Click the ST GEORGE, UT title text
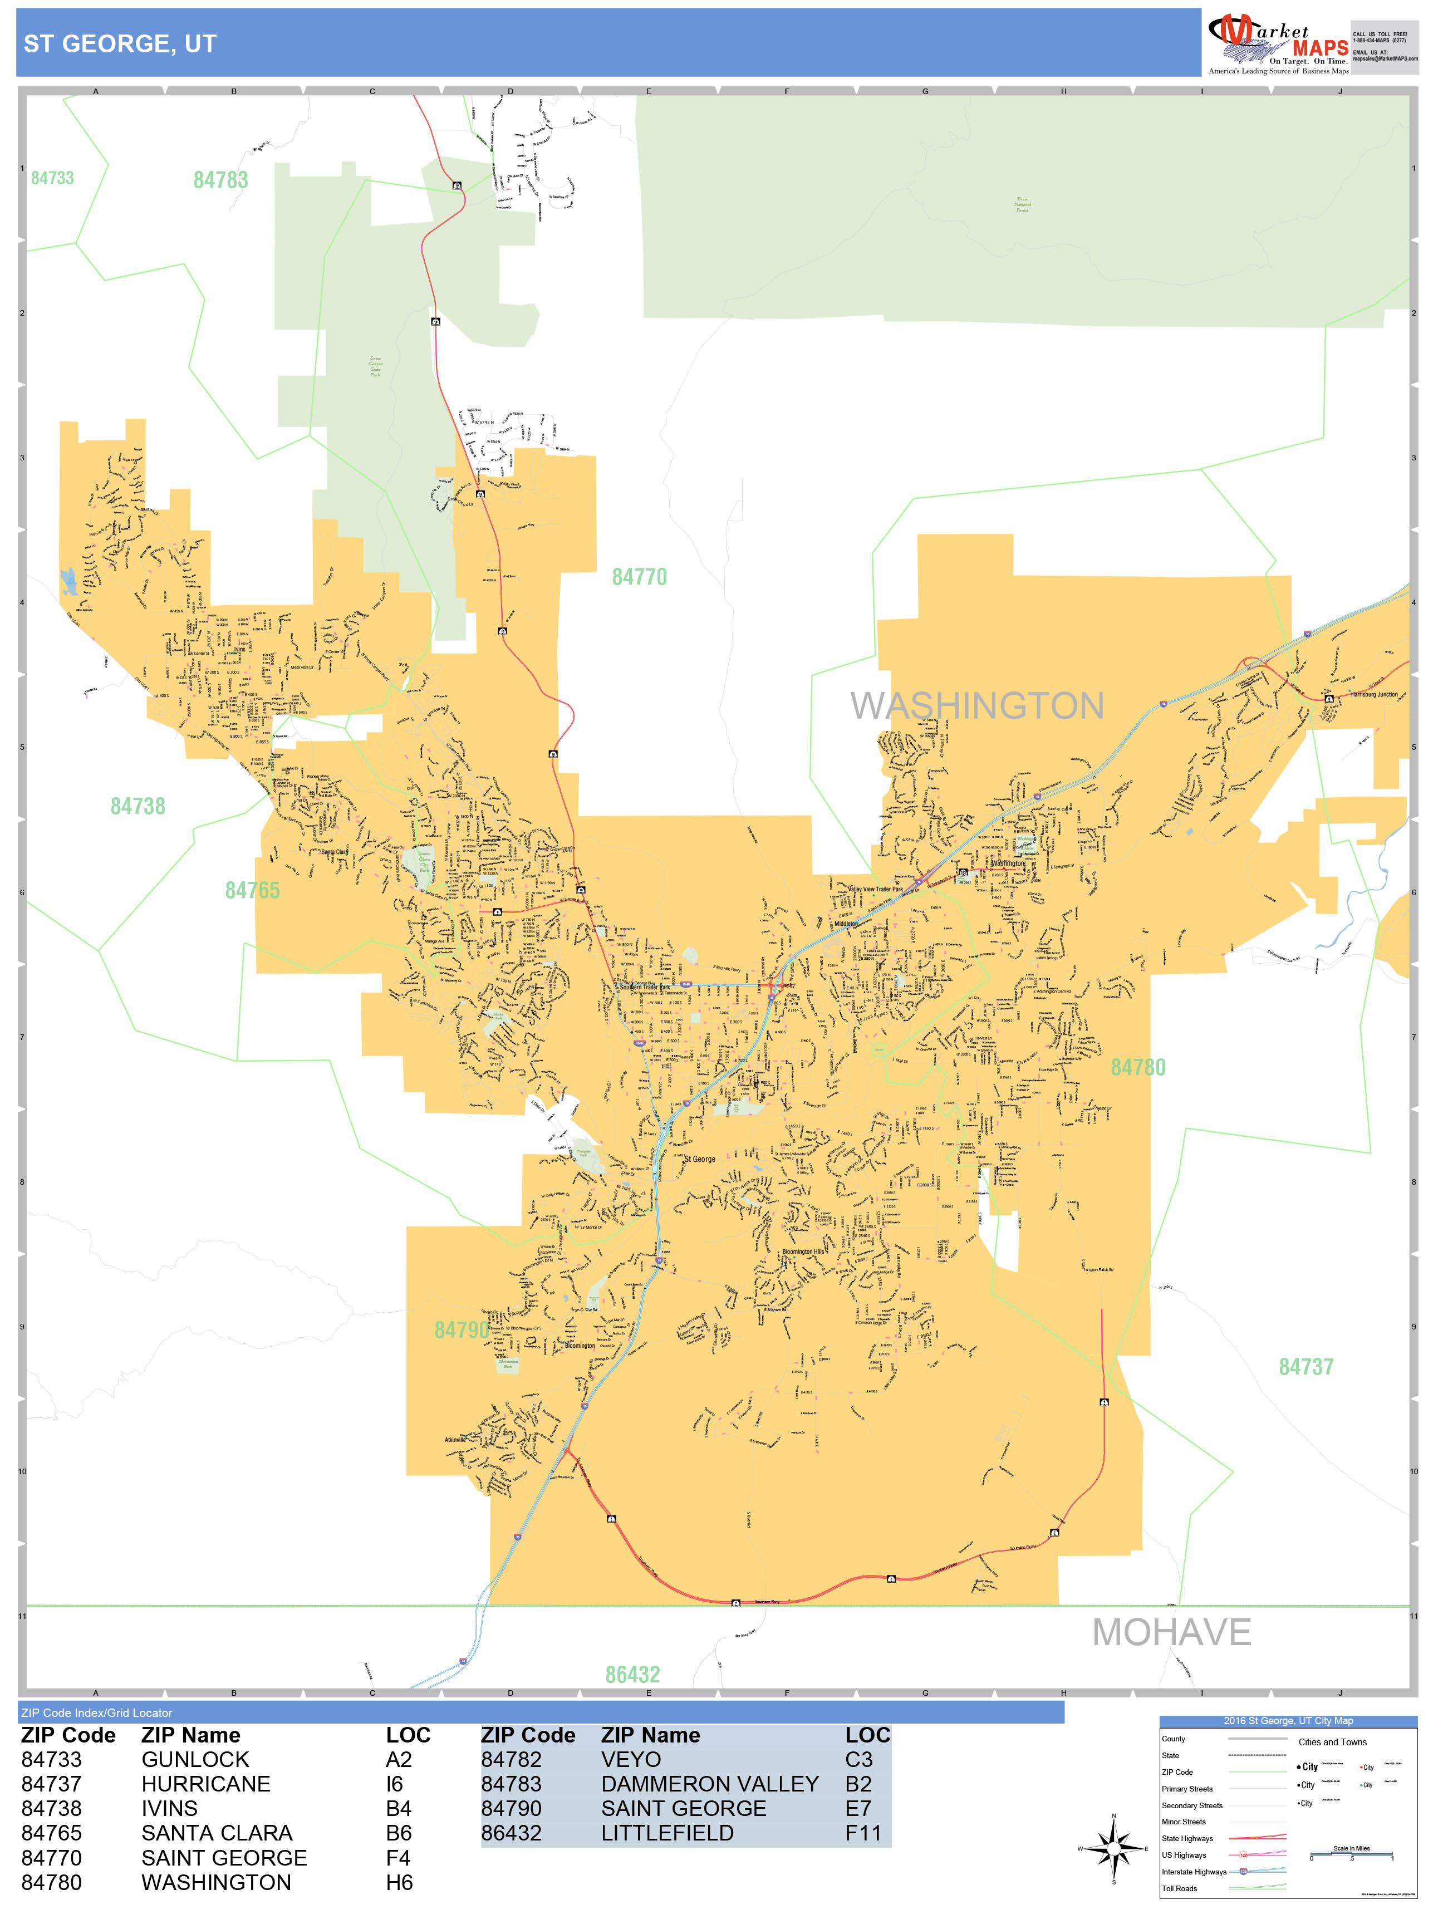pyautogui.click(x=120, y=43)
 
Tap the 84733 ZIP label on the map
pyautogui.click(x=52, y=178)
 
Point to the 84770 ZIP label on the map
pyautogui.click(x=639, y=577)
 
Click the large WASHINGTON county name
pyautogui.click(x=977, y=705)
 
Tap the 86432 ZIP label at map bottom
pyautogui.click(x=632, y=1675)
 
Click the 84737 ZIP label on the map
pyautogui.click(x=1305, y=1367)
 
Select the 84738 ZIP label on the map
pyautogui.click(x=138, y=806)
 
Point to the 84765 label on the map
pyautogui.click(x=252, y=890)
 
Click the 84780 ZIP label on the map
pyautogui.click(x=1138, y=1067)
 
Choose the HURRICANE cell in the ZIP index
pyautogui.click(x=205, y=1784)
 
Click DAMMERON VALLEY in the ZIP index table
pyautogui.click(x=709, y=1784)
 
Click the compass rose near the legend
pyautogui.click(x=1113, y=1849)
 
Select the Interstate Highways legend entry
pyautogui.click(x=1194, y=1872)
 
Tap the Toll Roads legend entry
pyautogui.click(x=1180, y=1888)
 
